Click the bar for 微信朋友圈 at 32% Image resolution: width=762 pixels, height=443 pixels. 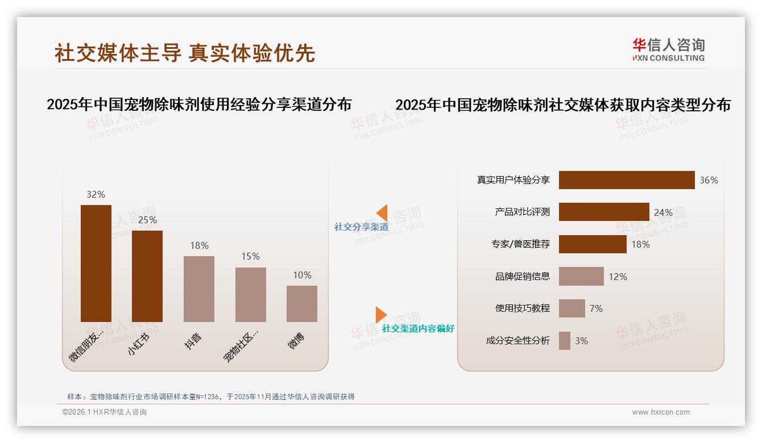[96, 264]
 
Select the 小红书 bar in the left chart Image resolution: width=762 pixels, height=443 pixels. [147, 276]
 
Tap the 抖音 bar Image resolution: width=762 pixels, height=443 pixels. [199, 289]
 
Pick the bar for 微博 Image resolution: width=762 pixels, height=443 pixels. [302, 304]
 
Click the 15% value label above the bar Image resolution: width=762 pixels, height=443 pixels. [250, 257]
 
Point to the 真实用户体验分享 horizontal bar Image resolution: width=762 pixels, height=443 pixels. [627, 180]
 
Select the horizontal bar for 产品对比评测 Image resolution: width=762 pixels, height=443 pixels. [604, 212]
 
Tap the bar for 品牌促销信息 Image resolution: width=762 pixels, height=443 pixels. [581, 277]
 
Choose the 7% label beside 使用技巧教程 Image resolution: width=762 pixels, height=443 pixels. [596, 308]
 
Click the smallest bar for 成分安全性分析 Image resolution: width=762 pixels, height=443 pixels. [565, 341]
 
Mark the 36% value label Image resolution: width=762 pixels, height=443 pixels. [709, 180]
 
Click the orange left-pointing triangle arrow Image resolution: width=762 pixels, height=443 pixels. [382, 213]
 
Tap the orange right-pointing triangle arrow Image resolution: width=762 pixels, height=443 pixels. [380, 315]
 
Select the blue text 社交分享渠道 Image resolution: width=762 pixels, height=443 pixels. [361, 227]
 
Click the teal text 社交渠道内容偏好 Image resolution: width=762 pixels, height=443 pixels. [418, 329]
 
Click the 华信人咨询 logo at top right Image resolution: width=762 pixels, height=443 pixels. [668, 49]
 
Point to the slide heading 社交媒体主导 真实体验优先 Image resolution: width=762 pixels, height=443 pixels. [185, 53]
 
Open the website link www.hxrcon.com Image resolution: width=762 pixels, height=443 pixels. [661, 412]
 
